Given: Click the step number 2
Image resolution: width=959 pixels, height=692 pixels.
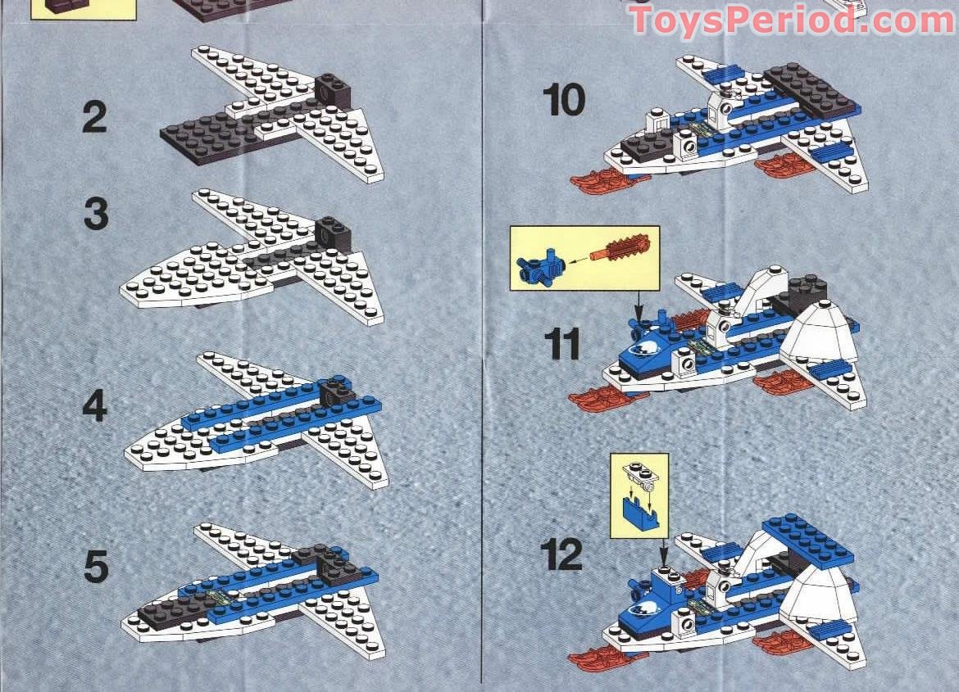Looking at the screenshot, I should pos(94,118).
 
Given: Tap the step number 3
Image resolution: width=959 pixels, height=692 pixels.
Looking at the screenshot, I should pos(95,215).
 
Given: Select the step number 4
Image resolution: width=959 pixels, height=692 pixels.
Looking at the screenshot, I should pos(95,406).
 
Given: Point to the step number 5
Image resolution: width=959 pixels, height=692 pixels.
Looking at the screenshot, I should pos(95,567).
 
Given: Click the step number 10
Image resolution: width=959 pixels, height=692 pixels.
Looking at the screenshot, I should pos(564,101).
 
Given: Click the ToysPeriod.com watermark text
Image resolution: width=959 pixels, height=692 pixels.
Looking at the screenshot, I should pos(792,20).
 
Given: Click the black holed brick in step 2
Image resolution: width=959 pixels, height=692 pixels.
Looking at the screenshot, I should pos(333,88).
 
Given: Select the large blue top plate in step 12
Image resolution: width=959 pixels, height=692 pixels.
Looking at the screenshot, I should pos(807,538).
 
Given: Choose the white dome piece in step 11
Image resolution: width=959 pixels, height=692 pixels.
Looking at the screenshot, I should pos(820,331).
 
